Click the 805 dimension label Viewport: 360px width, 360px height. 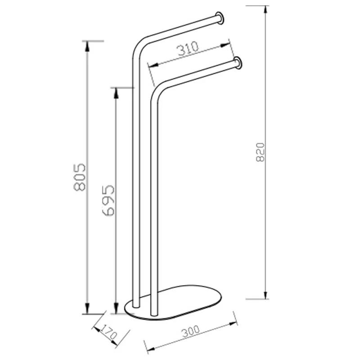pos(80,177)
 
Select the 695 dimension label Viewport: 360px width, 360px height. pos(108,200)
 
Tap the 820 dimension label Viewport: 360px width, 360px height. pos(260,153)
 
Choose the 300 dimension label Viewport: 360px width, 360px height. pos(191,332)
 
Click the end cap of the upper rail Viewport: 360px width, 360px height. pos(220,18)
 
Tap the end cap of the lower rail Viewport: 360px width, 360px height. pos(238,63)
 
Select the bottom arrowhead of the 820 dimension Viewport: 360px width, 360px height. pos(265,295)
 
